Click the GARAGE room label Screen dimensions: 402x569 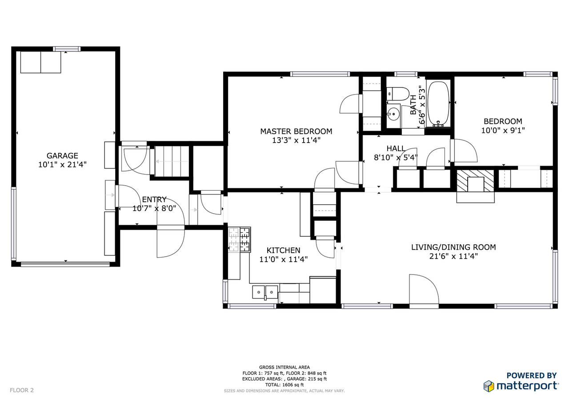pyautogui.click(x=62, y=155)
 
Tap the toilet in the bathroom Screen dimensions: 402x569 pyautogui.click(x=397, y=94)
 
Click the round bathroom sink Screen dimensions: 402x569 pyautogui.click(x=393, y=114)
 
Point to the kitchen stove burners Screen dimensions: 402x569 pyautogui.click(x=240, y=240)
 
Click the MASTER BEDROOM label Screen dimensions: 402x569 pyautogui.click(x=296, y=131)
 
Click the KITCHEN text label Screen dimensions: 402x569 pyautogui.click(x=283, y=251)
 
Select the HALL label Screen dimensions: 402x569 pyautogui.click(x=396, y=148)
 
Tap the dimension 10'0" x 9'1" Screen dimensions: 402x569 pyautogui.click(x=503, y=131)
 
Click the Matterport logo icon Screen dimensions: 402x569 pyautogui.click(x=489, y=386)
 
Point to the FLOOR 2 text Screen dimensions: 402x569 pyautogui.click(x=22, y=390)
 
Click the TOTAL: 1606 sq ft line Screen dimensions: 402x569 pyautogui.click(x=284, y=385)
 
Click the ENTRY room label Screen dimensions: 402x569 pyautogui.click(x=154, y=200)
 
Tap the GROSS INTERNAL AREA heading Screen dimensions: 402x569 pyautogui.click(x=284, y=367)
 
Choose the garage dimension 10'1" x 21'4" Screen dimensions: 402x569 pyautogui.click(x=62, y=164)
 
